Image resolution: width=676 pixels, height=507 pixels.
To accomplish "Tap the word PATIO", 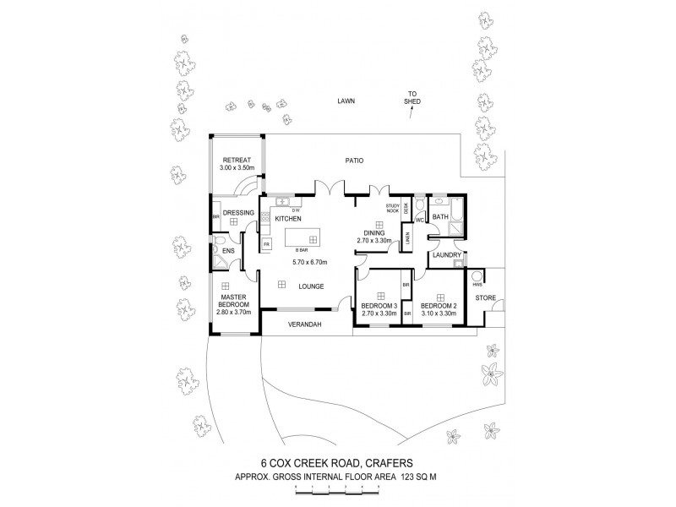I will pyautogui.click(x=353, y=160).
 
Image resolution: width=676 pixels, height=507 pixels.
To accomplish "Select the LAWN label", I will pyautogui.click(x=344, y=101).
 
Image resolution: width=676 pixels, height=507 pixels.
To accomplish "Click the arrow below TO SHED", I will pyautogui.click(x=411, y=114).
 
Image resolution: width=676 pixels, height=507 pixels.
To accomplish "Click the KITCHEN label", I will pyautogui.click(x=287, y=217).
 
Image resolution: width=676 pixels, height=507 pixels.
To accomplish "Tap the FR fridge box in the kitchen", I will pyautogui.click(x=266, y=244).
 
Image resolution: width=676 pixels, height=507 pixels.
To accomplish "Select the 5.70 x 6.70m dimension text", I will pyautogui.click(x=310, y=263).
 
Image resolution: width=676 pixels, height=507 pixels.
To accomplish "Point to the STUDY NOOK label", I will pyautogui.click(x=392, y=209).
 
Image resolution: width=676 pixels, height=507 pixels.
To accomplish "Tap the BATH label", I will pyautogui.click(x=440, y=217).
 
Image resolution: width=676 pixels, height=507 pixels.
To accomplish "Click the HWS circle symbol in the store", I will pyautogui.click(x=476, y=275).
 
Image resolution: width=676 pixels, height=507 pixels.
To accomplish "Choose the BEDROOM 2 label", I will pyautogui.click(x=438, y=305).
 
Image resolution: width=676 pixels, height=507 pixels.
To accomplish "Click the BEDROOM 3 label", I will pyautogui.click(x=379, y=305).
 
